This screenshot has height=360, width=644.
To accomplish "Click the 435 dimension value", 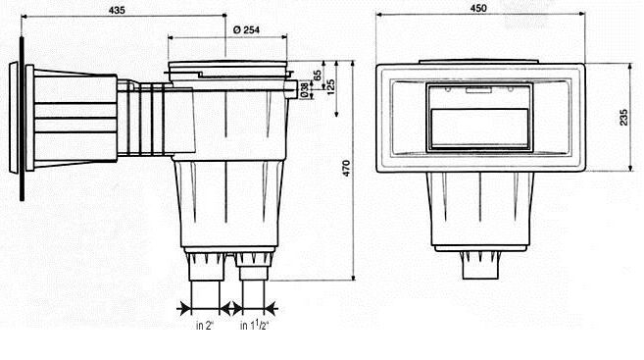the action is pos(117,10).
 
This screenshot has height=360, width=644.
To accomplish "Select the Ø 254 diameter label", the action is pos(246,29).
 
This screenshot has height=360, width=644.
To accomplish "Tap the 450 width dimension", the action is pos(478,8).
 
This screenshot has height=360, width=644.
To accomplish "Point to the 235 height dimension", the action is pos(623,117).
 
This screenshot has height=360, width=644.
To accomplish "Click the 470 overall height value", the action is pos(346,169).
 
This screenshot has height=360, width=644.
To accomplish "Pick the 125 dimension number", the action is pos(331,86).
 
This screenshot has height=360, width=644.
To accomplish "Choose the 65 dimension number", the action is pos(318,77).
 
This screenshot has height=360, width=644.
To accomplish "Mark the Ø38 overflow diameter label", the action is pos(304,89).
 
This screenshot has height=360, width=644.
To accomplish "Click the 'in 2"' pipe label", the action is pos(205,326).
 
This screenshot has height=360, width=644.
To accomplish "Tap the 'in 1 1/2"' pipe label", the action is pos(254,325).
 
